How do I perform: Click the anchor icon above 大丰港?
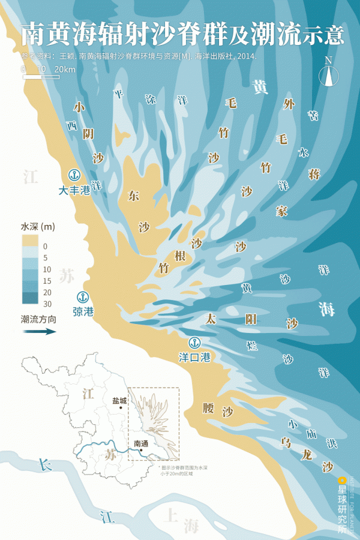pyautogui.click(x=75, y=176)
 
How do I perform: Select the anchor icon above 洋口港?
pyautogui.click(x=194, y=343)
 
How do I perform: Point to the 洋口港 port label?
pyautogui.click(x=194, y=358)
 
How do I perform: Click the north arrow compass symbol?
pyautogui.click(x=328, y=73)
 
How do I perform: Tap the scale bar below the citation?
pyautogui.click(x=40, y=77)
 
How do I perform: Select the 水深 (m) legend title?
pyautogui.click(x=38, y=227)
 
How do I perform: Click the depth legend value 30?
pyautogui.click(x=47, y=304)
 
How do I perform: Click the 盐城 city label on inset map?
pyautogui.click(x=119, y=401)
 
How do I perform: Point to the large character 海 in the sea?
pyautogui.click(x=327, y=309)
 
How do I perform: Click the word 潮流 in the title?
pyautogui.click(x=275, y=35)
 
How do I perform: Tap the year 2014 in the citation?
pyautogui.click(x=247, y=56)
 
